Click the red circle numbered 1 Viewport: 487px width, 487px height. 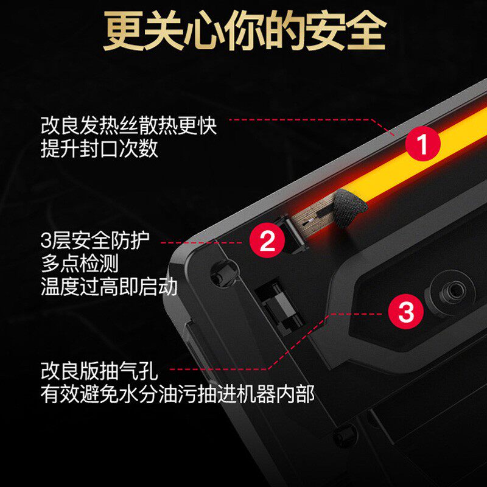[422, 144]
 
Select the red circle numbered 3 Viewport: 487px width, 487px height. [405, 311]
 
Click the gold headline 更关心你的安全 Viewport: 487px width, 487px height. [245, 30]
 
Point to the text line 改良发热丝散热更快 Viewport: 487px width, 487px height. [128, 125]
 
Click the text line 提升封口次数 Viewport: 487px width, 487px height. [99, 149]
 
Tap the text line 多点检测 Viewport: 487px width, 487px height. [80, 263]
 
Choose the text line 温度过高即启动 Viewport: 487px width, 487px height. [109, 286]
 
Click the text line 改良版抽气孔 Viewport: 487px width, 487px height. [99, 371]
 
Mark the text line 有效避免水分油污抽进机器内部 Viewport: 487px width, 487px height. [178, 394]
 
